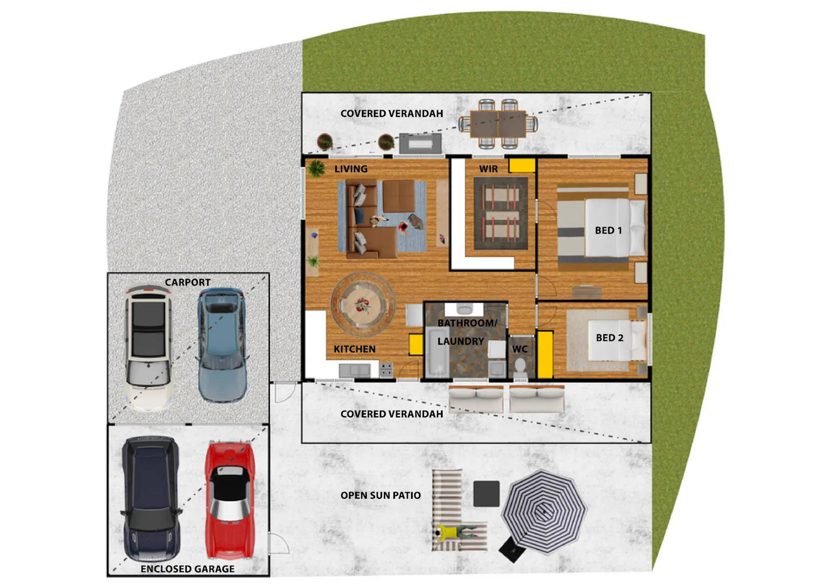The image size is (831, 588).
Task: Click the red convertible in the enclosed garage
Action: (230, 500)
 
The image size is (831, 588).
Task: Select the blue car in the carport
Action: (222, 345)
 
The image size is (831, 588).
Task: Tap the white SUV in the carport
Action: (149, 348)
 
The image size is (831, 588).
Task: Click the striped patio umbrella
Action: (543, 512)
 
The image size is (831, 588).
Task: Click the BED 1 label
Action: (608, 231)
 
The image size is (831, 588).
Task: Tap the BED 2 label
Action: (609, 338)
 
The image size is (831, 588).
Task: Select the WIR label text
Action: (488, 169)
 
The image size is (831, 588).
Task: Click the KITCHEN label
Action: (355, 349)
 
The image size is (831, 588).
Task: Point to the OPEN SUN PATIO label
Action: (381, 495)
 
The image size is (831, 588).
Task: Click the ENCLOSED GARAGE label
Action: (187, 569)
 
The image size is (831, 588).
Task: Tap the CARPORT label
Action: (187, 283)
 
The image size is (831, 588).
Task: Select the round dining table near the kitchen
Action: (362, 305)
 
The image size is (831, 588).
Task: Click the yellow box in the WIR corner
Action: (522, 166)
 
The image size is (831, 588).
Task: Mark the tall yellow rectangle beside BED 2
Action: (545, 355)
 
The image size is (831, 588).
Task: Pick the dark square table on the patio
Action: (486, 494)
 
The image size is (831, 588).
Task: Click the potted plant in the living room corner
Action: (316, 168)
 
